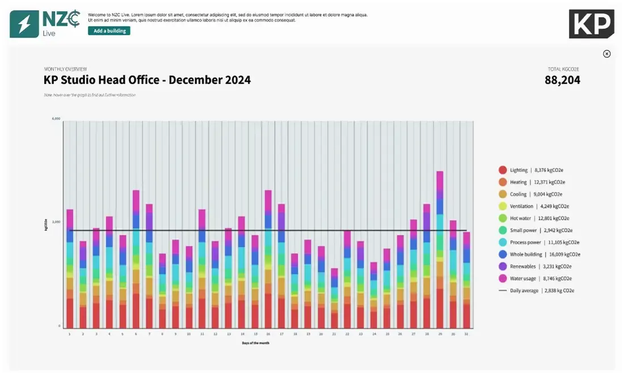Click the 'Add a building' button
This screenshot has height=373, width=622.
click(109, 31)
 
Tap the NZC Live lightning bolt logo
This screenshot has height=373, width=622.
click(24, 24)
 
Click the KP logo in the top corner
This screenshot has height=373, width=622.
click(591, 24)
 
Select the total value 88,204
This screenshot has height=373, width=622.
click(562, 80)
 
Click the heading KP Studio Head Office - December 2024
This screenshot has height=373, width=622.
click(147, 80)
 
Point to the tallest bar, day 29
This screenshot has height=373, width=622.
click(440, 250)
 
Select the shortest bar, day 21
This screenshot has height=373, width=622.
click(334, 298)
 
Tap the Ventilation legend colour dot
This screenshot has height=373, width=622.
click(502, 206)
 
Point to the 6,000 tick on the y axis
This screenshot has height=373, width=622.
click(56, 119)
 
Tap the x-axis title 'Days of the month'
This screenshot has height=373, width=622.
click(255, 342)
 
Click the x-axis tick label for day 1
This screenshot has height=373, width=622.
click(69, 334)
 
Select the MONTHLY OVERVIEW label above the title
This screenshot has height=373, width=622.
click(66, 69)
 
